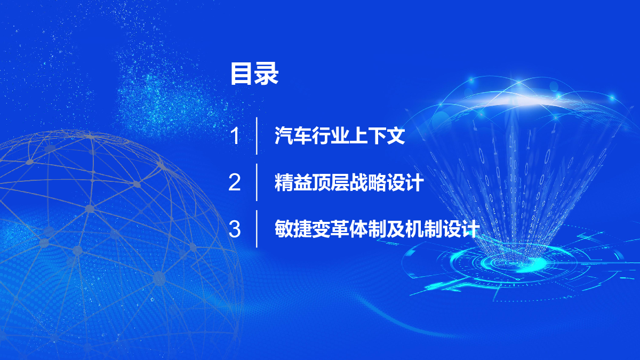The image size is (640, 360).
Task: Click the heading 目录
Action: tap(254, 74)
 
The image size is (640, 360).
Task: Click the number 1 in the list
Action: tap(235, 135)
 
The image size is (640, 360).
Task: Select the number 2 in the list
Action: tap(235, 182)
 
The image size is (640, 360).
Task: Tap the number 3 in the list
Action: tap(235, 229)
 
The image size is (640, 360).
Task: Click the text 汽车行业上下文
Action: tap(340, 135)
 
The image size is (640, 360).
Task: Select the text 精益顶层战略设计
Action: tap(349, 182)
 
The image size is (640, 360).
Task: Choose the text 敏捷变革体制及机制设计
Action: tap(377, 229)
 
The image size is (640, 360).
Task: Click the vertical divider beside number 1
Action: tap(257, 136)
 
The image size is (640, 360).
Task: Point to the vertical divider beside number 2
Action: tap(257, 182)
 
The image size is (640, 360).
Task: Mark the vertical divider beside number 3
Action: tap(257, 229)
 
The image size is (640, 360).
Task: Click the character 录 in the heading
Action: tap(267, 74)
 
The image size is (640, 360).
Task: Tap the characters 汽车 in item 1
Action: tap(293, 135)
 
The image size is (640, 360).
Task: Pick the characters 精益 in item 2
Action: tap(293, 182)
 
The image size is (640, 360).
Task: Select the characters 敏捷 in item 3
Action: tap(293, 229)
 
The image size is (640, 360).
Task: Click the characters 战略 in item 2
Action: tap(367, 182)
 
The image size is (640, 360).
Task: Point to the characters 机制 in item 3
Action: tap(423, 229)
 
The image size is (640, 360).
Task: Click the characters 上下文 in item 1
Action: tap(377, 135)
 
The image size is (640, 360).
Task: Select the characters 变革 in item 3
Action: tap(330, 229)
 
